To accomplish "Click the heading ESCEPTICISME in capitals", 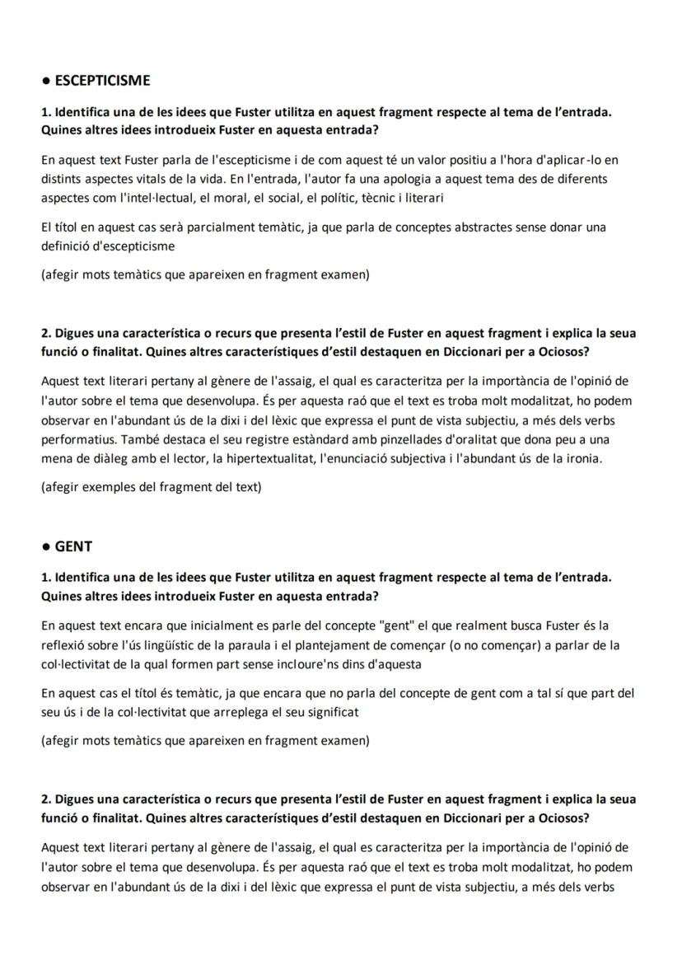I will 102,81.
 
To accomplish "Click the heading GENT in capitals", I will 73,546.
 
